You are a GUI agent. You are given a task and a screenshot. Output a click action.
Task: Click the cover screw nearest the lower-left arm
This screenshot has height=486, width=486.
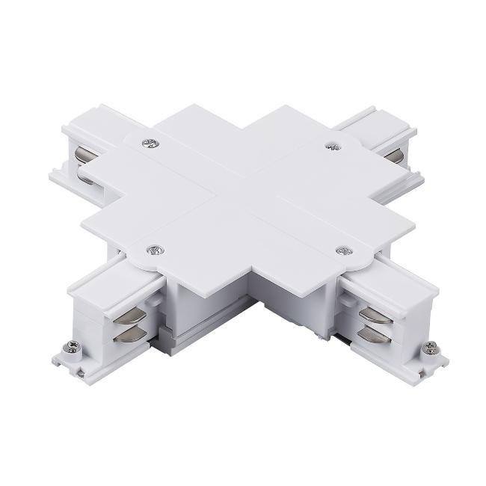(155, 250)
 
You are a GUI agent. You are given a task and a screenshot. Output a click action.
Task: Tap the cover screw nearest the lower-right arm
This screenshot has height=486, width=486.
(344, 250)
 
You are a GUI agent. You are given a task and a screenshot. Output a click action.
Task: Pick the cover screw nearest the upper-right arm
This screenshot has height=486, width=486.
(328, 146)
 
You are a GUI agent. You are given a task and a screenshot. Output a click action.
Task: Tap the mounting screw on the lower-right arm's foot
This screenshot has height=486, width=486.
(431, 348)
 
